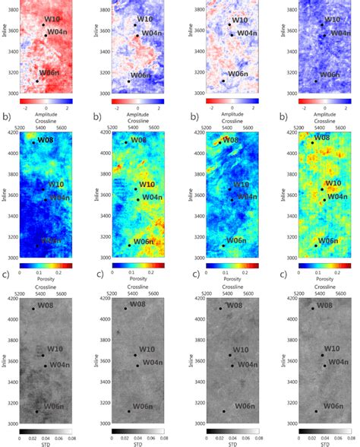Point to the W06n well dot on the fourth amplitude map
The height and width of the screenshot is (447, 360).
point(316,81)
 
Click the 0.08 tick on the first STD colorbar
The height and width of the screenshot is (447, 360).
point(71,439)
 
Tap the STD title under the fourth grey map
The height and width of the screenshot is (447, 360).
point(324,445)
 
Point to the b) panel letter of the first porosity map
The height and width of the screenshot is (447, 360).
point(6,118)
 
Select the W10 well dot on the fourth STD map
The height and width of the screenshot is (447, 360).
point(322,355)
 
